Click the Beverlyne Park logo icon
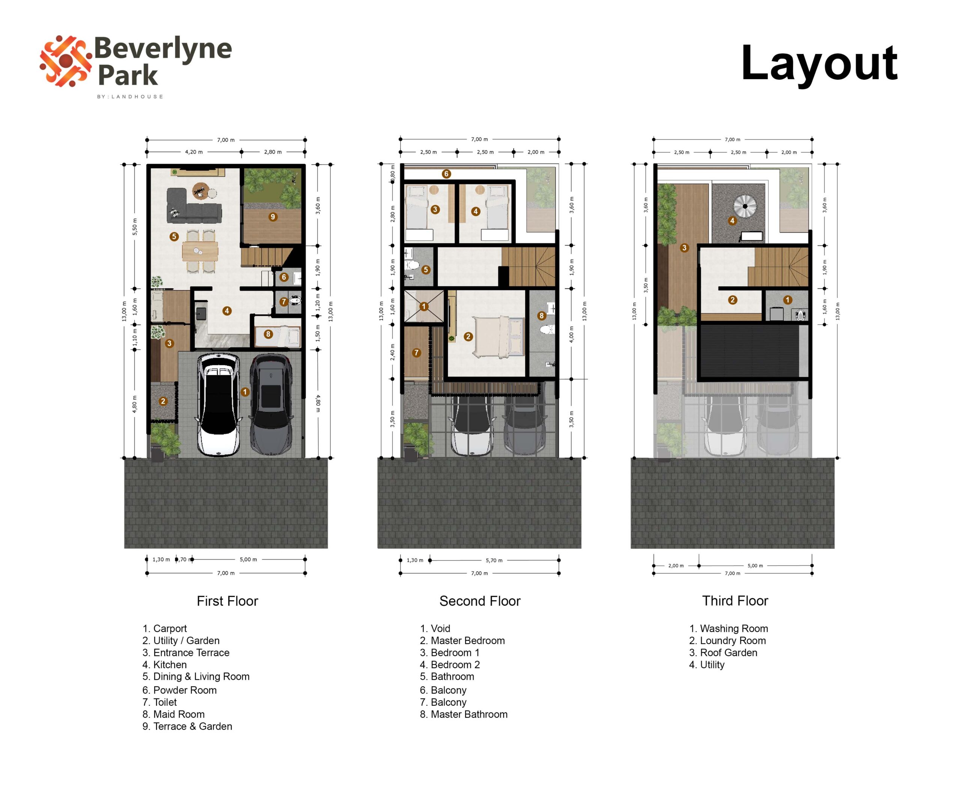click(x=65, y=61)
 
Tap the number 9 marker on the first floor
click(x=273, y=217)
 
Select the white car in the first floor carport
click(x=218, y=405)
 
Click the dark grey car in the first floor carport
click(x=271, y=405)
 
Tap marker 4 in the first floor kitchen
click(x=227, y=311)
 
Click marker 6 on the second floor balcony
click(x=446, y=174)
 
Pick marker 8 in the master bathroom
click(x=541, y=315)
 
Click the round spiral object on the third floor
click(x=745, y=206)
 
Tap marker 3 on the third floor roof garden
click(x=684, y=248)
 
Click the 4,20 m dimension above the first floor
click(x=194, y=152)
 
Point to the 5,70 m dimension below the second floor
click(x=494, y=560)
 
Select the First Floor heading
click(x=227, y=601)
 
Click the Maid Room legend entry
click(x=174, y=714)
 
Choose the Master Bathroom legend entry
click(x=464, y=714)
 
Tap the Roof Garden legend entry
click(x=723, y=653)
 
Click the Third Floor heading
click(x=735, y=601)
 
